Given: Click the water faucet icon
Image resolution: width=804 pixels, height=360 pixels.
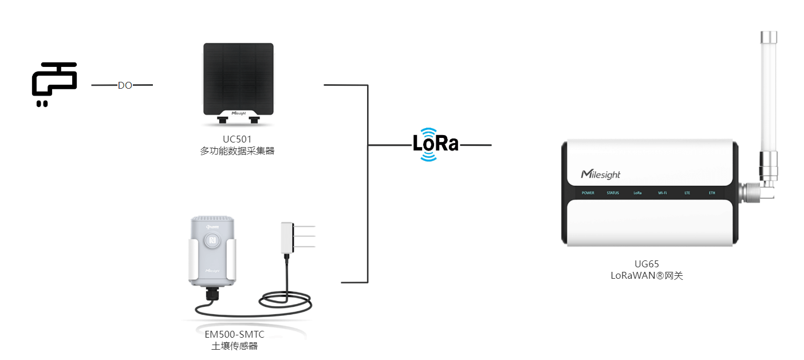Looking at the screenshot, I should tap(54, 84).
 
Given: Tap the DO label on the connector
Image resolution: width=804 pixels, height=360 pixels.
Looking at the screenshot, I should tap(125, 85).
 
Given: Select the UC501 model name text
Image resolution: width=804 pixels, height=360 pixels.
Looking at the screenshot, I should tap(237, 139).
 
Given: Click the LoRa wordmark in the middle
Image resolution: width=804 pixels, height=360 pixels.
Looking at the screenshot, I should tap(436, 144).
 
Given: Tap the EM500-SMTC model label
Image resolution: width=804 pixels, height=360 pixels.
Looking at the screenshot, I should tap(234, 334).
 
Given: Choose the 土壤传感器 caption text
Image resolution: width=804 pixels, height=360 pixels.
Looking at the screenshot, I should tap(235, 346).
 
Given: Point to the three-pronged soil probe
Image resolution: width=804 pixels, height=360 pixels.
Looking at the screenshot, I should tap(297, 236).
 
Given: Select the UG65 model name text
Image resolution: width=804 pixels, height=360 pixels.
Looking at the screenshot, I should tap(647, 264).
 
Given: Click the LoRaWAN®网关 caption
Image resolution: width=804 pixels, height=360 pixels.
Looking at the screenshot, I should tap(647, 275).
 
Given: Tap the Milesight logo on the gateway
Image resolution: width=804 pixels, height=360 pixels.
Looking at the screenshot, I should tap(600, 174).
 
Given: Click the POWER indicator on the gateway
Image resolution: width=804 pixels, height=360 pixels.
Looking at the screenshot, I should tap(588, 193).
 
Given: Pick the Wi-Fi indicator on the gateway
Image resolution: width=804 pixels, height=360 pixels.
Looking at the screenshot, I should tap(662, 193).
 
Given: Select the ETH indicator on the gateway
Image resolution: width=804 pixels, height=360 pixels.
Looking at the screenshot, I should tap(712, 193).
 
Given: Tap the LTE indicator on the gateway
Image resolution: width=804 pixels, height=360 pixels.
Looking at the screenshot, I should tap(687, 193).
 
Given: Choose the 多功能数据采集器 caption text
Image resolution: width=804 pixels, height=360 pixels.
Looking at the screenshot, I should tap(237, 151).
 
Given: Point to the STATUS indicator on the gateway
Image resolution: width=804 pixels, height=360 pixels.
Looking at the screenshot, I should tap(613, 193).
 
